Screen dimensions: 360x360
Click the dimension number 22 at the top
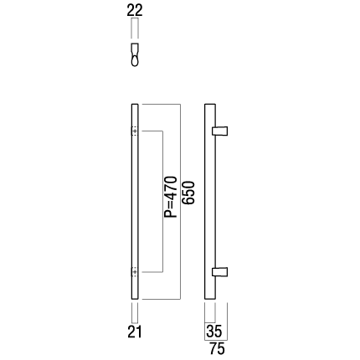click(x=135, y=11)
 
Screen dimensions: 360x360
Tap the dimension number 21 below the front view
click(x=135, y=332)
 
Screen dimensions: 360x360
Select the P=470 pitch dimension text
click(x=171, y=197)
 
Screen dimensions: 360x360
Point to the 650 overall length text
click(x=188, y=193)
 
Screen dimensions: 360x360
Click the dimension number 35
click(x=213, y=332)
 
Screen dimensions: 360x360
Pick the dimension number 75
click(x=217, y=349)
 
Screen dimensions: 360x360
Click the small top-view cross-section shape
click(x=135, y=54)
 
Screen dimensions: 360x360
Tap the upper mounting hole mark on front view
click(x=135, y=131)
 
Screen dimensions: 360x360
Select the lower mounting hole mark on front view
click(x=135, y=271)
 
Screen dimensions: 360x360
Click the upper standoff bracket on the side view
click(x=220, y=131)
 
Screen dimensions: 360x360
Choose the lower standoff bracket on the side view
click(x=220, y=272)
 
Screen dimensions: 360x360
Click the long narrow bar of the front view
click(x=135, y=202)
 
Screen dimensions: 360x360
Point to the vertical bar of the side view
click(x=210, y=202)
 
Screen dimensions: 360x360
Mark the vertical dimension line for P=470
click(x=162, y=201)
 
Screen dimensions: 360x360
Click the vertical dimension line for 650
click(x=181, y=202)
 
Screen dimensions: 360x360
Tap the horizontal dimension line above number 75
click(x=216, y=341)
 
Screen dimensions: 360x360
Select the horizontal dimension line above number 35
click(x=210, y=322)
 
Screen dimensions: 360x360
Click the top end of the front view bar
click(x=135, y=105)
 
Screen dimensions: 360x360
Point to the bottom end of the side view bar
click(x=210, y=299)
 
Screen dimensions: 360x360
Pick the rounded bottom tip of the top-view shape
click(x=135, y=66)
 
